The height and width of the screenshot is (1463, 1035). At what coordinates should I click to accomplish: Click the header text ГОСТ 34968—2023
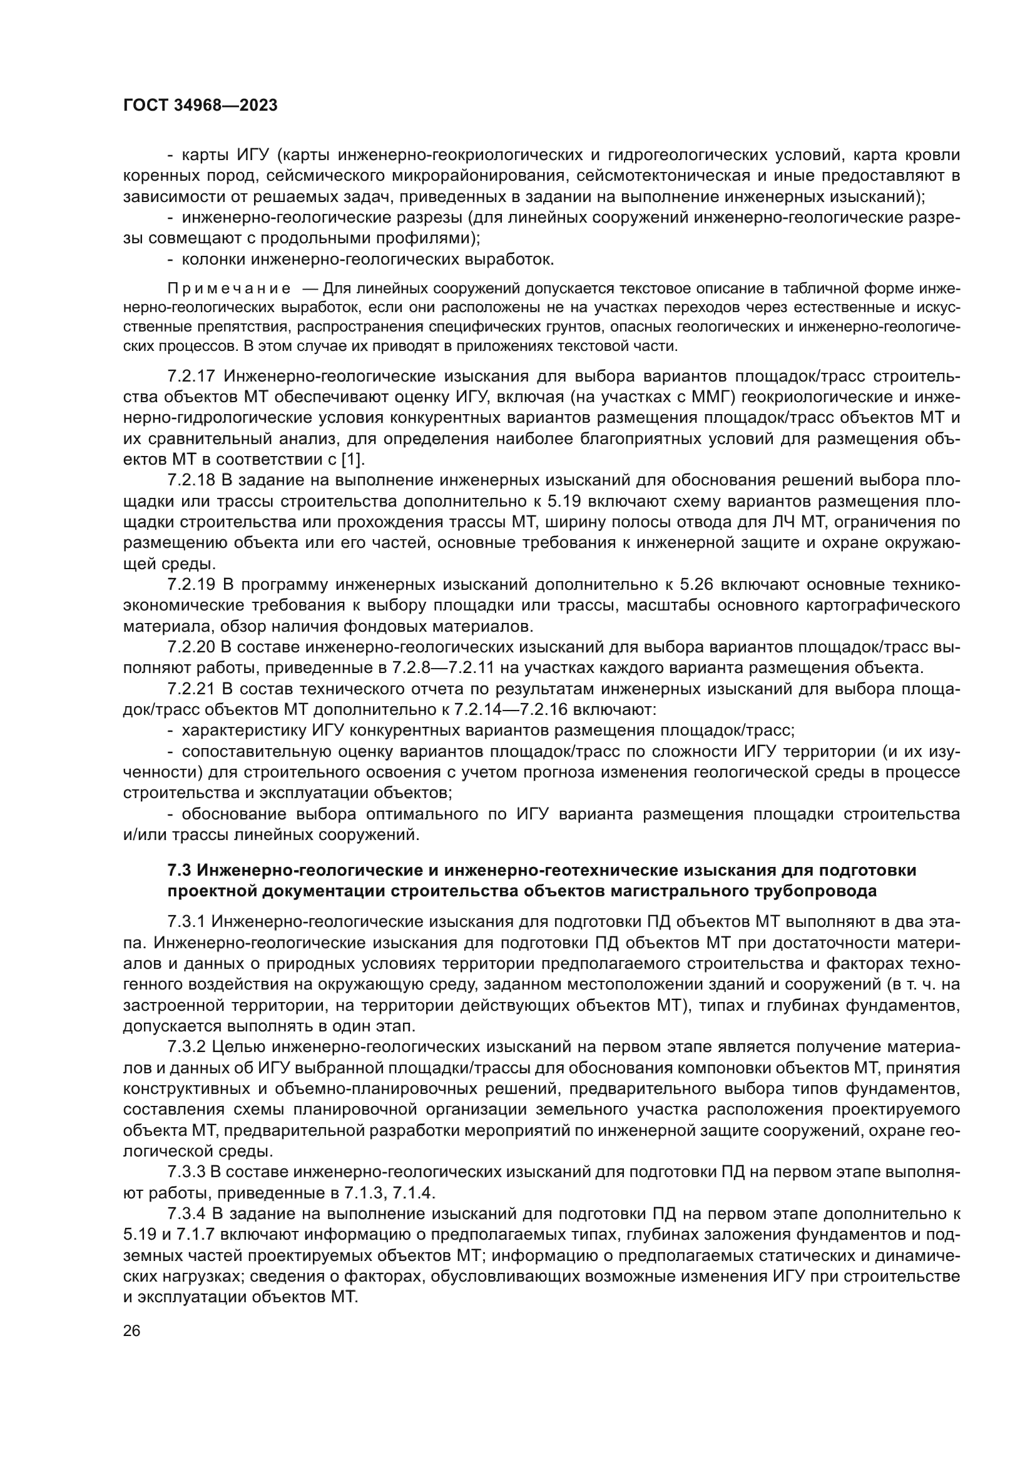(x=200, y=106)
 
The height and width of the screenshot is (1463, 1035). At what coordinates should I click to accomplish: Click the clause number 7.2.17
(x=192, y=377)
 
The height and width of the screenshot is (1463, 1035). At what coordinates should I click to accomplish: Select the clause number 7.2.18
(x=192, y=480)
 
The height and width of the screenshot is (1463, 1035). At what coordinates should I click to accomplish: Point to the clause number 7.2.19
(x=192, y=584)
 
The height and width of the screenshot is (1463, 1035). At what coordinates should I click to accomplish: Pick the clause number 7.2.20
(x=192, y=647)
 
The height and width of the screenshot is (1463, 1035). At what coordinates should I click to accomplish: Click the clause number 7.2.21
(x=192, y=689)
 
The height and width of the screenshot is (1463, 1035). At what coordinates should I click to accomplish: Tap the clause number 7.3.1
(x=186, y=921)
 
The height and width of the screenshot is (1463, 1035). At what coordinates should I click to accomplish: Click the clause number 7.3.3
(x=186, y=1171)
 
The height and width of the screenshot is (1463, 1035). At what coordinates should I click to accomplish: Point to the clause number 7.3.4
(x=186, y=1213)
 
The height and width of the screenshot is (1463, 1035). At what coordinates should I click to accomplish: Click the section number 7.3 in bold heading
(x=179, y=870)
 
